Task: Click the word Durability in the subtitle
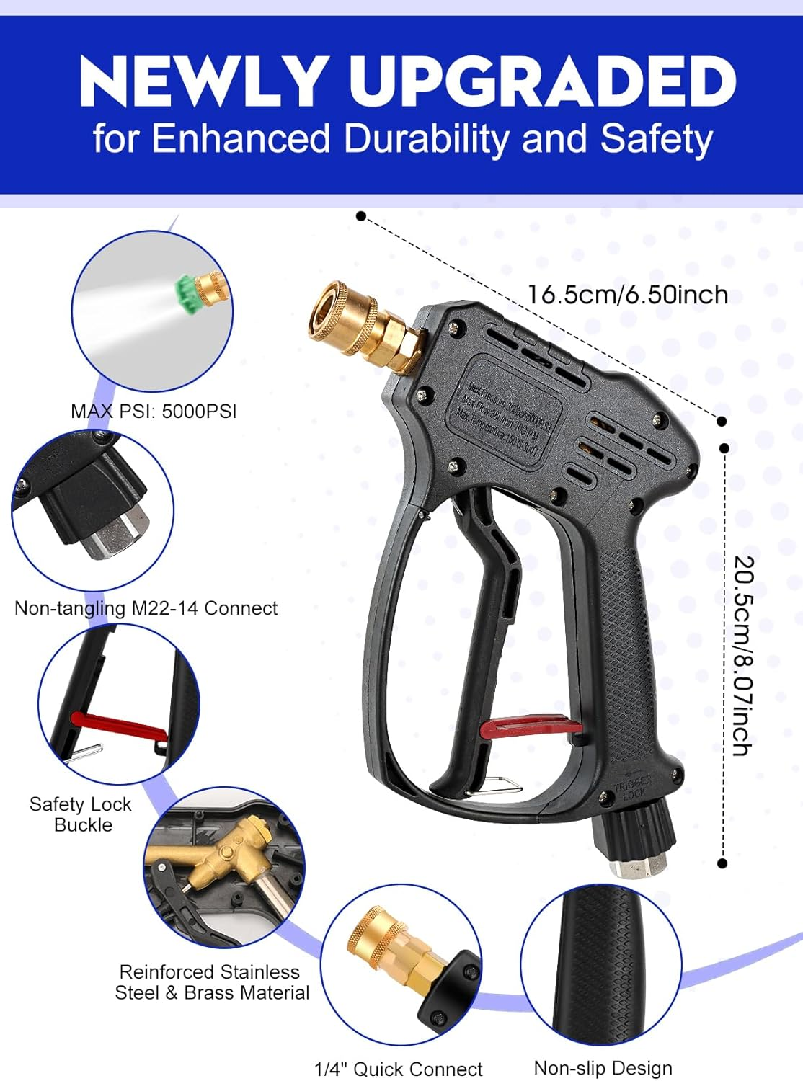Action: pyautogui.click(x=427, y=138)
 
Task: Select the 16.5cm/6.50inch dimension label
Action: pyautogui.click(x=627, y=295)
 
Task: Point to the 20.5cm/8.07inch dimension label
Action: pyautogui.click(x=743, y=655)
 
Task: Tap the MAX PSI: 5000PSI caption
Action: pyautogui.click(x=154, y=412)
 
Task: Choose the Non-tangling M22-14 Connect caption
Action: pyautogui.click(x=146, y=608)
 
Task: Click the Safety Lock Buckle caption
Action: pyautogui.click(x=81, y=814)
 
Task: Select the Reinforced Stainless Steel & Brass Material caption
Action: pyautogui.click(x=211, y=982)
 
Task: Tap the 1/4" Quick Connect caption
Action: pyautogui.click(x=398, y=1069)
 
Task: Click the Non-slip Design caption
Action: pyautogui.click(x=603, y=1068)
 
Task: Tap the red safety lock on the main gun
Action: pyautogui.click(x=531, y=726)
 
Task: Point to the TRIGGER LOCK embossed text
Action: pyautogui.click(x=632, y=786)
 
